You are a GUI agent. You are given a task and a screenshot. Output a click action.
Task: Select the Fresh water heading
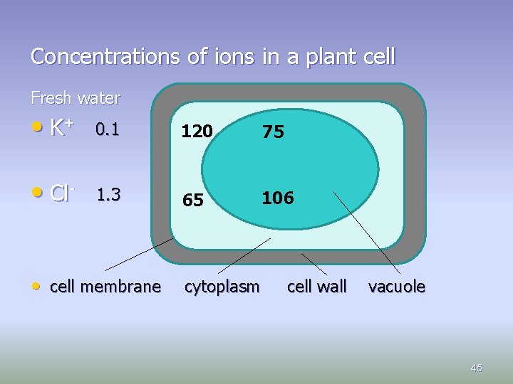point(76,97)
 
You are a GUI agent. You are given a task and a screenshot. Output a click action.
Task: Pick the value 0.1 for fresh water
point(108,129)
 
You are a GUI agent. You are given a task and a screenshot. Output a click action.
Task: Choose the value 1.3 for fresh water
point(108,193)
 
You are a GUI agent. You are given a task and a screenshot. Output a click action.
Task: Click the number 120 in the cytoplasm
point(196,132)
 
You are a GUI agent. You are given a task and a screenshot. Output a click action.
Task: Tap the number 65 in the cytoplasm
point(192,201)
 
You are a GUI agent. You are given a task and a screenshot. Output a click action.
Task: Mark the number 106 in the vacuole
point(277,198)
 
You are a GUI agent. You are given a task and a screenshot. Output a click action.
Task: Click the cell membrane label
point(105,287)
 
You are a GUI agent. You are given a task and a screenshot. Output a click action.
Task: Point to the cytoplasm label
point(222,287)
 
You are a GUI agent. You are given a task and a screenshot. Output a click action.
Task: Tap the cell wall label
point(316,287)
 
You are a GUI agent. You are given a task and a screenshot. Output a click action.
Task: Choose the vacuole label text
point(397,287)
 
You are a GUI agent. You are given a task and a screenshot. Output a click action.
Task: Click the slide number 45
point(477,368)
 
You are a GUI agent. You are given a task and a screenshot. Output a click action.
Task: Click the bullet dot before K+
point(36,128)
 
